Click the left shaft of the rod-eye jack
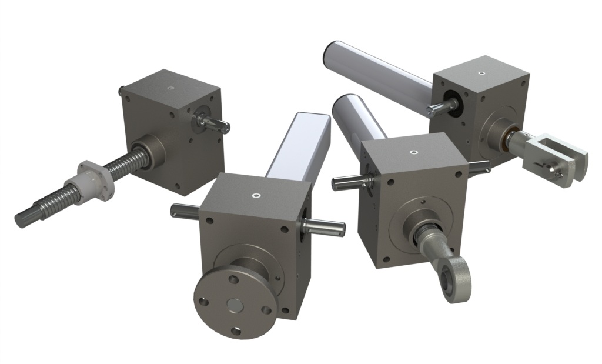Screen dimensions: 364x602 [347, 183]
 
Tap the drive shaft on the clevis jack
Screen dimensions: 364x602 [440, 107]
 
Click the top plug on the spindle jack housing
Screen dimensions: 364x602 [170, 89]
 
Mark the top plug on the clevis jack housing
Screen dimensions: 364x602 [482, 74]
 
